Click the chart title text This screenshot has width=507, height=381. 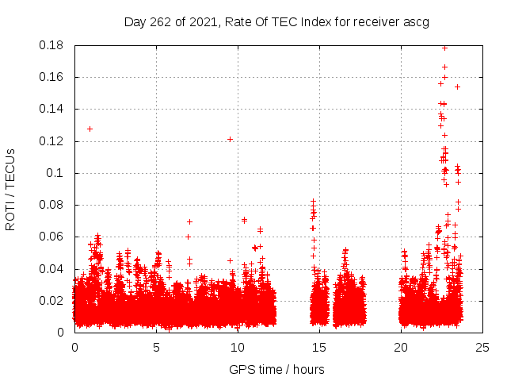pyautogui.click(x=276, y=21)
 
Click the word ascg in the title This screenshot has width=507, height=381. pyautogui.click(x=415, y=22)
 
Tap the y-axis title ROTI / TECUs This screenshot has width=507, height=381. pyautogui.click(x=10, y=189)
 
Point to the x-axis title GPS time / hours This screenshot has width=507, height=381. pyautogui.click(x=276, y=369)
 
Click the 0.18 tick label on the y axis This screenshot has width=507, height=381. pyautogui.click(x=54, y=45)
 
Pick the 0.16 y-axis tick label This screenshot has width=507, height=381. pyautogui.click(x=54, y=77)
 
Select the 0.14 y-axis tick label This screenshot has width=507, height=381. pyautogui.click(x=54, y=109)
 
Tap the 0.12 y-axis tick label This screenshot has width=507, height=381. pyautogui.click(x=54, y=141)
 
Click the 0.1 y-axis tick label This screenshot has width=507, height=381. pyautogui.click(x=57, y=173)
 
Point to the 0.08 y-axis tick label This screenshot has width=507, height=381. pyautogui.click(x=54, y=205)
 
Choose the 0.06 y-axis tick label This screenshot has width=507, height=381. pyautogui.click(x=54, y=237)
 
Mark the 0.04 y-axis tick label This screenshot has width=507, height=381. pyautogui.click(x=54, y=268)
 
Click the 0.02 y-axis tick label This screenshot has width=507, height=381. pyautogui.click(x=54, y=301)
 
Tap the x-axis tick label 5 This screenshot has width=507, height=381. pyautogui.click(x=156, y=347)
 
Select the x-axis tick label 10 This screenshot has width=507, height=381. pyautogui.click(x=238, y=347)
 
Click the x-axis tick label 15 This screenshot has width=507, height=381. pyautogui.click(x=319, y=347)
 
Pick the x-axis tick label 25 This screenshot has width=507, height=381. pyautogui.click(x=482, y=347)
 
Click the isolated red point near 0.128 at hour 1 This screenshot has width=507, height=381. pyautogui.click(x=90, y=129)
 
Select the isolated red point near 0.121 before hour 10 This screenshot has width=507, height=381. pyautogui.click(x=230, y=139)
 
